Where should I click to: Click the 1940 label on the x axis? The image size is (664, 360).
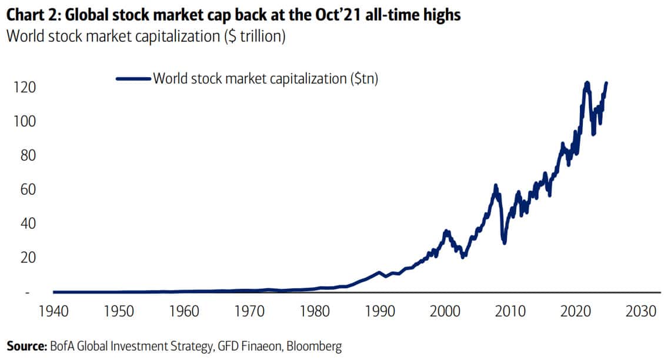click(54, 310)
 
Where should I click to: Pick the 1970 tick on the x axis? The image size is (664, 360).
click(249, 310)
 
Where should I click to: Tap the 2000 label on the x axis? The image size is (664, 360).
click(446, 310)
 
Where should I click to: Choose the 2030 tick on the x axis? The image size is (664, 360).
click(641, 310)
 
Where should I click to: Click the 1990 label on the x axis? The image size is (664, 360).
click(381, 310)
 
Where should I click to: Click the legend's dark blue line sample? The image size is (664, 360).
click(134, 78)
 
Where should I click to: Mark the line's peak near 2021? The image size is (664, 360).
click(586, 83)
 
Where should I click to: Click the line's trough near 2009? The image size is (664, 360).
click(504, 242)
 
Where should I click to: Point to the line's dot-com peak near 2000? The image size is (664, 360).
click(446, 231)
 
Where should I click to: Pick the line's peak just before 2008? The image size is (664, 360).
click(496, 186)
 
